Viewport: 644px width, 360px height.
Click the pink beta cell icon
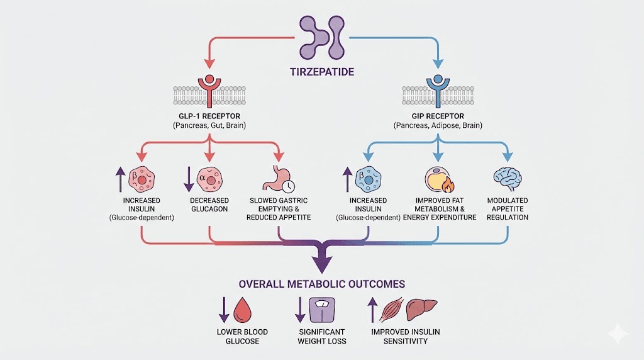click(x=142, y=179)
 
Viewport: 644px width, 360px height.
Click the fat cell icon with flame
click(x=438, y=179)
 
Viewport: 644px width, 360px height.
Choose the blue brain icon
click(x=507, y=177)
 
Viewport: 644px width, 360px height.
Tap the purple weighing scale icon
click(x=323, y=310)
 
